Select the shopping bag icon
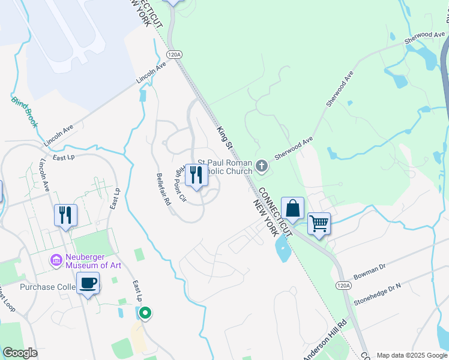tap(292, 210)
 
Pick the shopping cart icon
tap(319, 224)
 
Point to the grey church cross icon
tap(261, 165)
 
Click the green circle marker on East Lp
tap(145, 313)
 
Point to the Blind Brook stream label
tap(24, 111)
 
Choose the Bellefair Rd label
tap(163, 190)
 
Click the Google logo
tap(20, 353)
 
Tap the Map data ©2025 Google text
tap(411, 355)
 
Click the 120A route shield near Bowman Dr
tap(343, 286)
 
